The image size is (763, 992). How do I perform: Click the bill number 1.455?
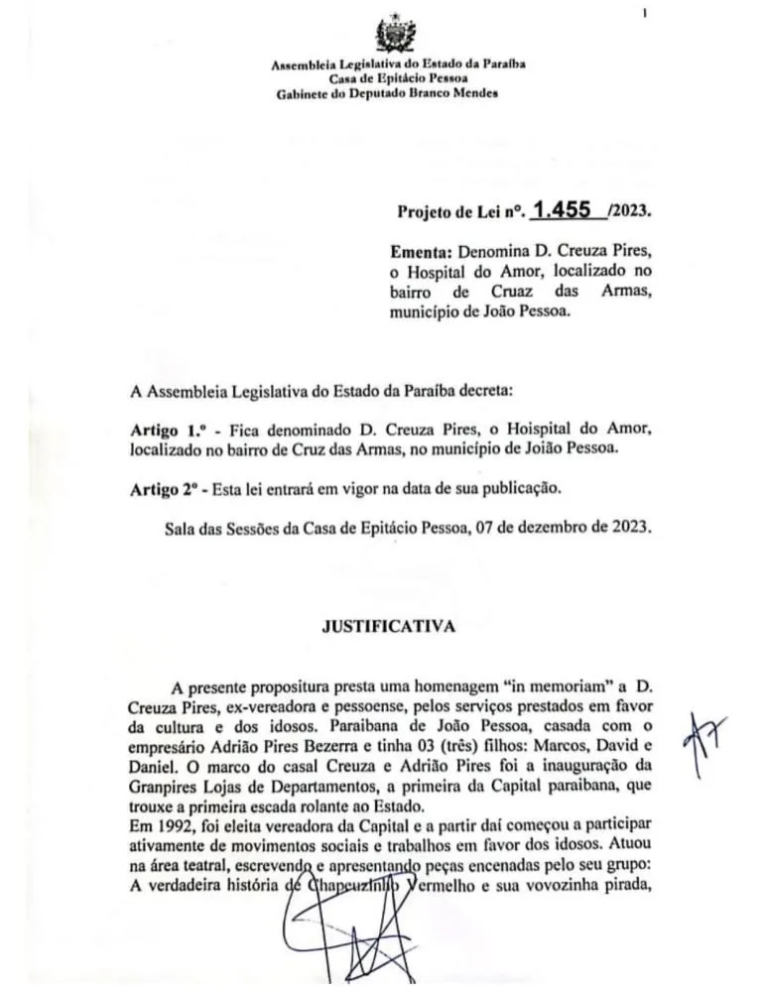click(562, 210)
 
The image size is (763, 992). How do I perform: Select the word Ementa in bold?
click(421, 253)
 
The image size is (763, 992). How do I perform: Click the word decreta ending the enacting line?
click(480, 390)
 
